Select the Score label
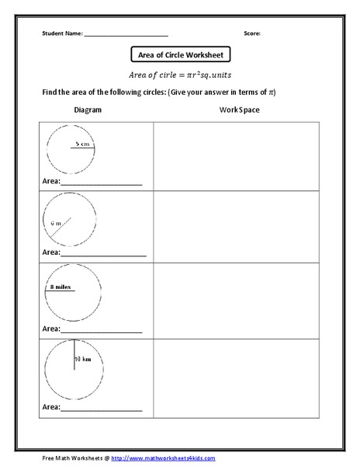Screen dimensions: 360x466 coord(251,34)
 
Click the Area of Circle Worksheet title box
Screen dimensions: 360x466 coord(180,55)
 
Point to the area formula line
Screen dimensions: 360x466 coord(180,75)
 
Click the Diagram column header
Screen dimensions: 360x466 coord(88,110)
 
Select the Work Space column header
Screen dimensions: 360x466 coord(239,110)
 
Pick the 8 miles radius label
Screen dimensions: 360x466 coord(60,287)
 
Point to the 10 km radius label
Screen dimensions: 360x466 coord(83,360)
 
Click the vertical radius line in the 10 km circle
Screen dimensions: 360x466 coord(74,355)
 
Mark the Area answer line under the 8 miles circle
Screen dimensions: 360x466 coord(101,332)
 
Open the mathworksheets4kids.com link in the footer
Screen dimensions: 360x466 coord(163,458)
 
